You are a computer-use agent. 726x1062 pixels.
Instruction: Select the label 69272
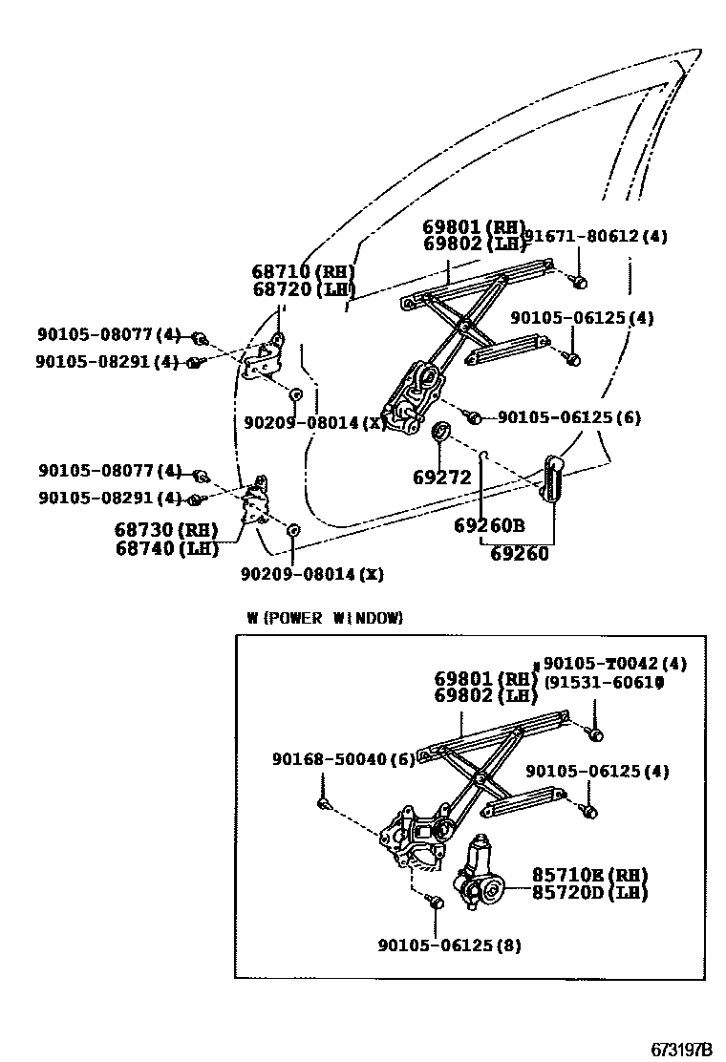click(442, 477)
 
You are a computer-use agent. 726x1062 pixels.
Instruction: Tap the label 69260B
click(489, 524)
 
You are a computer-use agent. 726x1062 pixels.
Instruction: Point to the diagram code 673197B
click(682, 1049)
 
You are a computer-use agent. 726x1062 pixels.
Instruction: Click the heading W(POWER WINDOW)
click(325, 618)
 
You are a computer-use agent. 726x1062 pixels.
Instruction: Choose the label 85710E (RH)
click(589, 875)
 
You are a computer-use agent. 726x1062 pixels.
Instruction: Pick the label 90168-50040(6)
click(343, 759)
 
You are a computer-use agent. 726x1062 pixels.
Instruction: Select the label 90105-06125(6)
click(569, 417)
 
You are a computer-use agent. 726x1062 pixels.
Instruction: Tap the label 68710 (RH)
click(304, 271)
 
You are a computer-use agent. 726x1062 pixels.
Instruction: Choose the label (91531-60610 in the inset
click(604, 683)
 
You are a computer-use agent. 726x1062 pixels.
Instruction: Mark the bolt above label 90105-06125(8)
click(437, 901)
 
